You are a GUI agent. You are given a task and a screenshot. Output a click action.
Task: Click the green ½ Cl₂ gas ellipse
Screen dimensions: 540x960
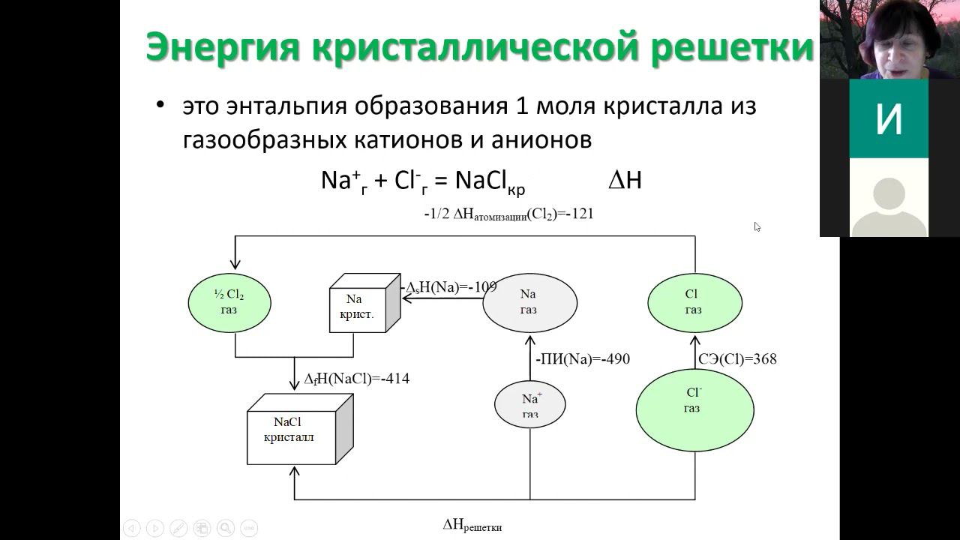(x=229, y=302)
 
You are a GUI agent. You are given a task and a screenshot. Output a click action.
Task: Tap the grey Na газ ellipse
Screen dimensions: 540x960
(x=529, y=302)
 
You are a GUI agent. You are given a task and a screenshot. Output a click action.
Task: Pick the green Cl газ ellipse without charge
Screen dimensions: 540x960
(x=694, y=302)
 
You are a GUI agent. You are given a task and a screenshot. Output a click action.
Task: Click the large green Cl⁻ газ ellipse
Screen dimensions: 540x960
(x=694, y=409)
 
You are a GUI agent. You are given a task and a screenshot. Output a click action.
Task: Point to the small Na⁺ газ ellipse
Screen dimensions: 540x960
(x=529, y=404)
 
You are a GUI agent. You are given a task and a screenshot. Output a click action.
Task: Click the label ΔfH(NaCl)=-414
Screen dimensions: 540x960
(x=357, y=379)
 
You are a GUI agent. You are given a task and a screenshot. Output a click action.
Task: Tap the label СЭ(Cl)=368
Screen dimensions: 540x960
(x=737, y=359)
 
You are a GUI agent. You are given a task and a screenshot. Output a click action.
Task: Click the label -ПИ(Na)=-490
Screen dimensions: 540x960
(x=583, y=359)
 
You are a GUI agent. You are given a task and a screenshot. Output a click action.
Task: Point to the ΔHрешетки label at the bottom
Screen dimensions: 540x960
(x=472, y=525)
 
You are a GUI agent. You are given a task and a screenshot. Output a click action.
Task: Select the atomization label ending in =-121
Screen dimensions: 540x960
(x=508, y=214)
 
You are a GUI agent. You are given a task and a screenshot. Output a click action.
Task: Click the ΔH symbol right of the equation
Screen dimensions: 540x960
(x=624, y=181)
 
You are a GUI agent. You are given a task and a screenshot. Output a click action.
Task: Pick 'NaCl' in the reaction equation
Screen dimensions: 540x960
(x=484, y=181)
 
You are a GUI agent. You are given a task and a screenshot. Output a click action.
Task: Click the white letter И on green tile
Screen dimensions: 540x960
(x=889, y=118)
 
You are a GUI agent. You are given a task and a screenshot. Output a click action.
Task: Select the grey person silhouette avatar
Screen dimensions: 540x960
(x=889, y=206)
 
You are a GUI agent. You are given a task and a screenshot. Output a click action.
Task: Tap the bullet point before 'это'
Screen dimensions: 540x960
(x=159, y=106)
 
